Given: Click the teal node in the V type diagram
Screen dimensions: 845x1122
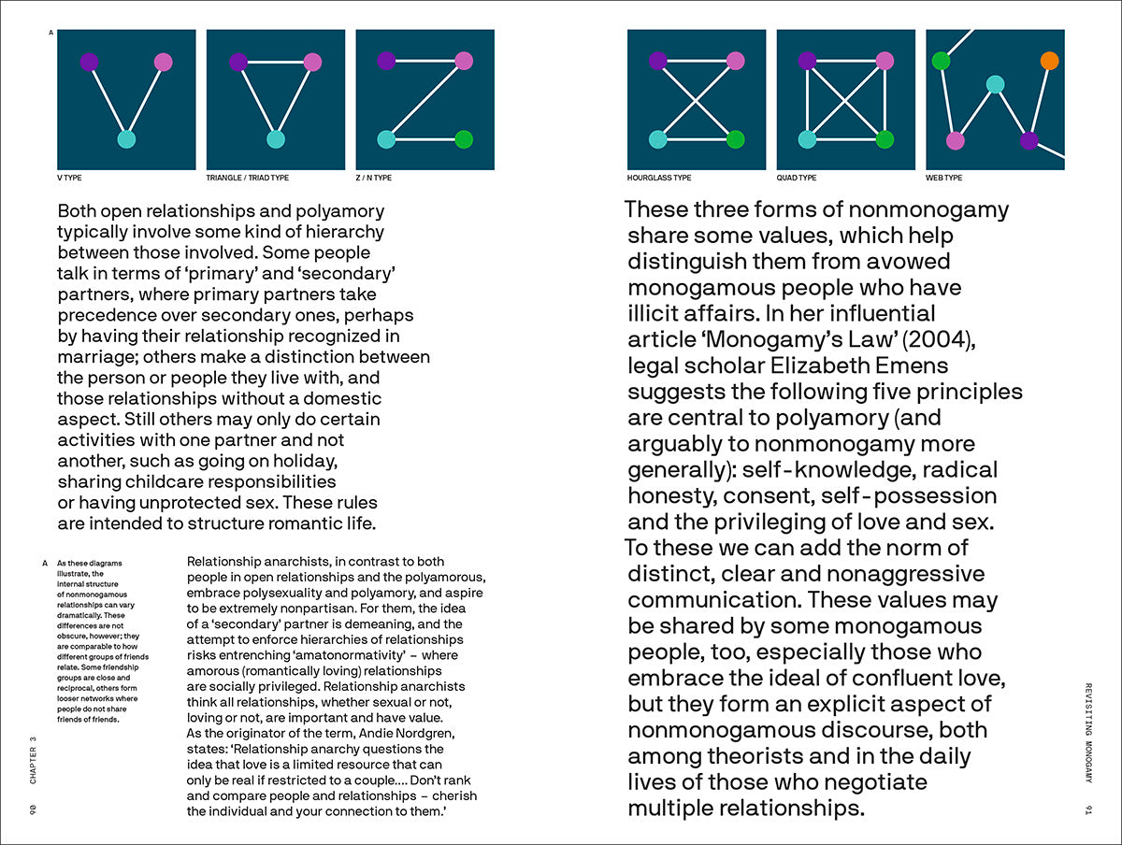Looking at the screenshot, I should tap(126, 139).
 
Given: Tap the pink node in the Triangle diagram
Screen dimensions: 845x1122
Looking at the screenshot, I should tap(312, 62).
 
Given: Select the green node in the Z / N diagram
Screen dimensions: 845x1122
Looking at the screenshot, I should tap(463, 139).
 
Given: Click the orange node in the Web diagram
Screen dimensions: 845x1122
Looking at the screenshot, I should tap(1049, 61).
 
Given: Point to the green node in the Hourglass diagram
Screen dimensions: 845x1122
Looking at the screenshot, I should tap(735, 139).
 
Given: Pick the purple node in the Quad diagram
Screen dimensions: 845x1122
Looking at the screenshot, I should tap(808, 61).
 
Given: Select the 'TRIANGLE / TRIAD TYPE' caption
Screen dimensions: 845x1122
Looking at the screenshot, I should tap(248, 178).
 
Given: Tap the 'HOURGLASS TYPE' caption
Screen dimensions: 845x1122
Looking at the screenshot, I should tap(659, 178).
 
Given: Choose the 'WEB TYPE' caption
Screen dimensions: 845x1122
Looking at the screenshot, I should tap(943, 178).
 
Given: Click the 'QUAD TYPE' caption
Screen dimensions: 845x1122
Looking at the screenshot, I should tap(797, 178).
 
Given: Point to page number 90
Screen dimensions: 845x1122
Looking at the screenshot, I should tap(33, 808).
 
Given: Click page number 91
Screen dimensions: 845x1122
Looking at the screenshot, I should tap(1088, 808).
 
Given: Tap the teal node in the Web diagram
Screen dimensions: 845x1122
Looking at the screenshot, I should tap(995, 84).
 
